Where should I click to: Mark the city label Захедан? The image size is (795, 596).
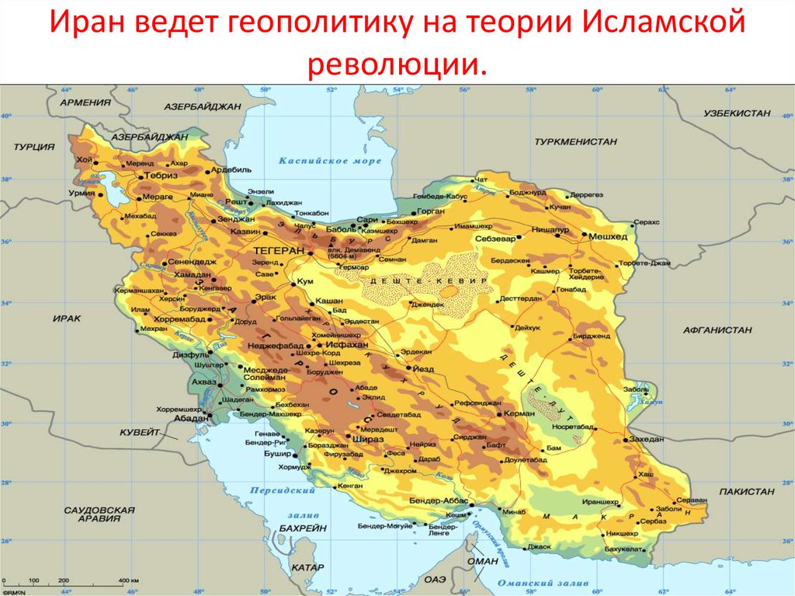(647, 439)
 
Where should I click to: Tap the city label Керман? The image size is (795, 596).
(518, 413)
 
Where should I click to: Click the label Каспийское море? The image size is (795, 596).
(330, 161)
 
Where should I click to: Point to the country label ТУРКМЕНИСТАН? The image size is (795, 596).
(575, 142)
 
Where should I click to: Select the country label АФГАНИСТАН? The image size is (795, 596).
(717, 330)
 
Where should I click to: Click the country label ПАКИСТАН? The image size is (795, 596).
(746, 492)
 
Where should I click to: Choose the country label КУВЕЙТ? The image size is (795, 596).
(140, 432)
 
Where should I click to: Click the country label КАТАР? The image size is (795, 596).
(307, 568)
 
